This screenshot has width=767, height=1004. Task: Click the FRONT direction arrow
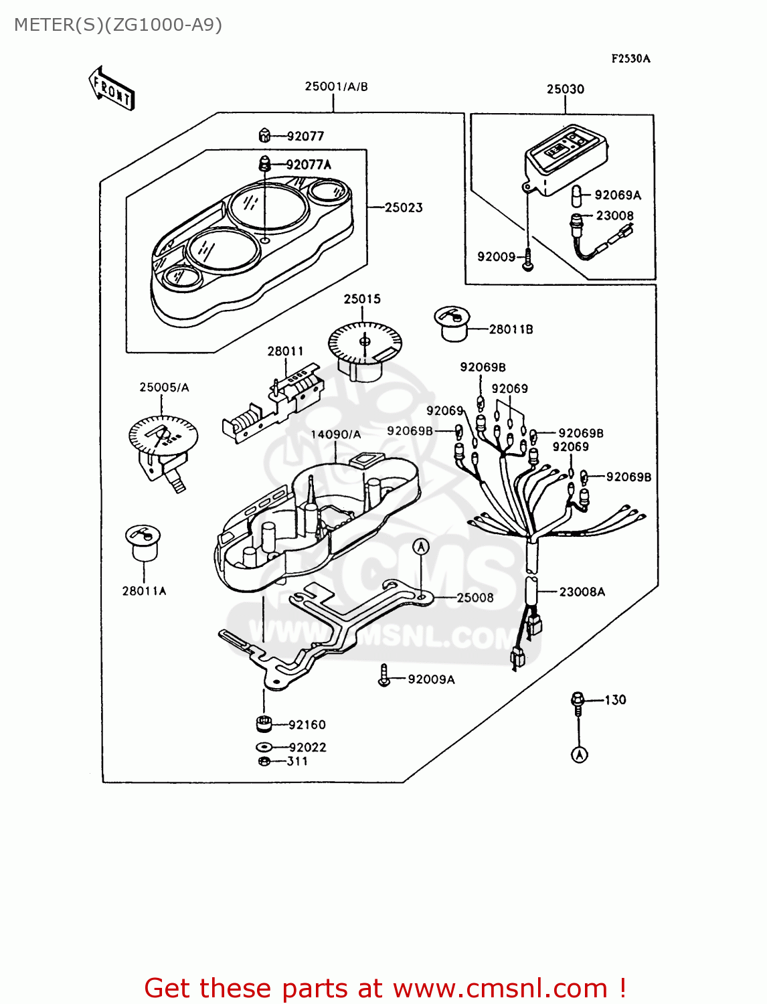click(x=112, y=88)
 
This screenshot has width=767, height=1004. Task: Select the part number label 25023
click(x=404, y=207)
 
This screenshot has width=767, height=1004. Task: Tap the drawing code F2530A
click(x=630, y=58)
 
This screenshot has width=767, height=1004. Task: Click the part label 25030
click(x=565, y=89)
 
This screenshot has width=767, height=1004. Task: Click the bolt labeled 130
click(x=577, y=700)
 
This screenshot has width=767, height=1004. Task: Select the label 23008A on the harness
click(x=582, y=592)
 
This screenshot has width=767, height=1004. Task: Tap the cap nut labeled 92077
click(x=264, y=136)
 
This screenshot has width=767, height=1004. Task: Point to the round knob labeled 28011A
click(x=143, y=541)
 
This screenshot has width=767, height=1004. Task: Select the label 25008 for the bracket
click(x=475, y=598)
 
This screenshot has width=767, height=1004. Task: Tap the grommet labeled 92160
click(x=264, y=724)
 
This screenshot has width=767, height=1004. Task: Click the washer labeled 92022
click(x=264, y=747)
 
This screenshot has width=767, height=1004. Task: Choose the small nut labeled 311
click(x=264, y=761)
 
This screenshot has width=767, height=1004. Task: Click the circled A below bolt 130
click(x=580, y=755)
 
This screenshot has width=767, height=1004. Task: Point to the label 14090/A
click(x=335, y=434)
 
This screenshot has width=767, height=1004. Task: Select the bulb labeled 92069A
click(x=576, y=196)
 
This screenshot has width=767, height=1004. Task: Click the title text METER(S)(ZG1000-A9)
click(x=118, y=25)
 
